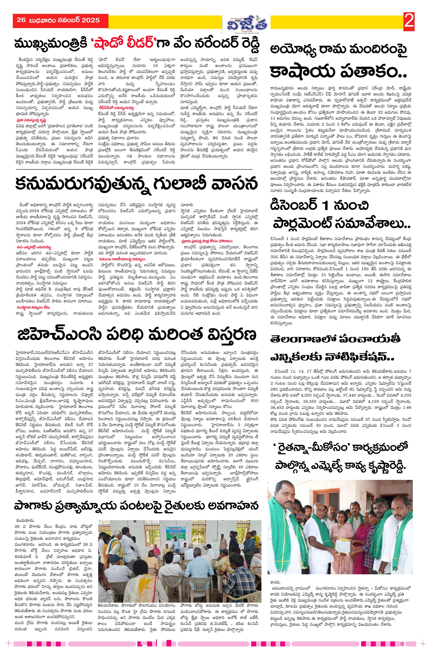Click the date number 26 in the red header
[x=21, y=20]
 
